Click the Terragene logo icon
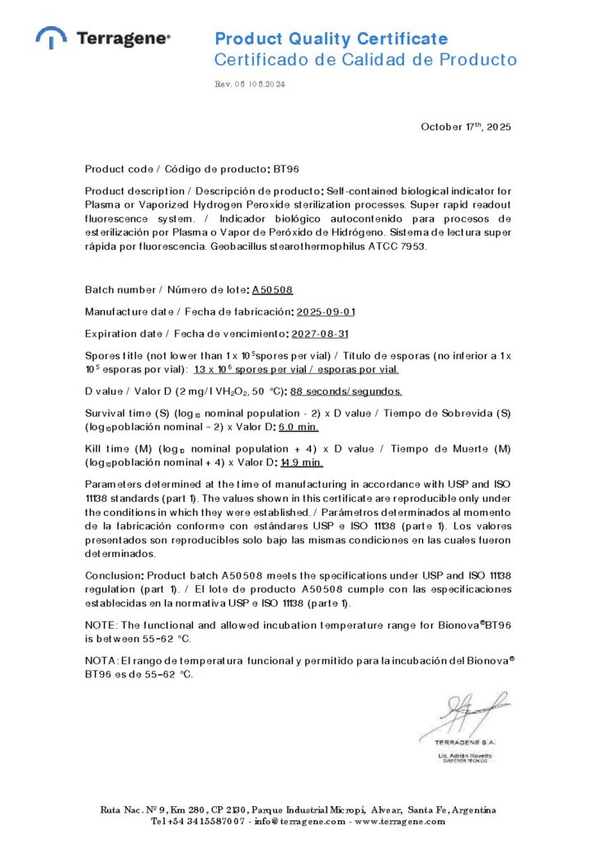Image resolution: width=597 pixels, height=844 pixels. [51, 37]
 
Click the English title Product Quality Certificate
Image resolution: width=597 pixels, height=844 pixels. [331, 39]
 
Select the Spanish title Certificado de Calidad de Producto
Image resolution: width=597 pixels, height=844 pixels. [365, 59]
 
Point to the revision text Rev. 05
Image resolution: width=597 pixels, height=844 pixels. [226, 84]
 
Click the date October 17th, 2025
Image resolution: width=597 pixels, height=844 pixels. [466, 127]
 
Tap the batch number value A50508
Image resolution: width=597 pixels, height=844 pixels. [272, 290]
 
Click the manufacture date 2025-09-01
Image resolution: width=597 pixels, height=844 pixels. [326, 312]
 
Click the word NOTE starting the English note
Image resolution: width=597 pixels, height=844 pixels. [101, 626]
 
